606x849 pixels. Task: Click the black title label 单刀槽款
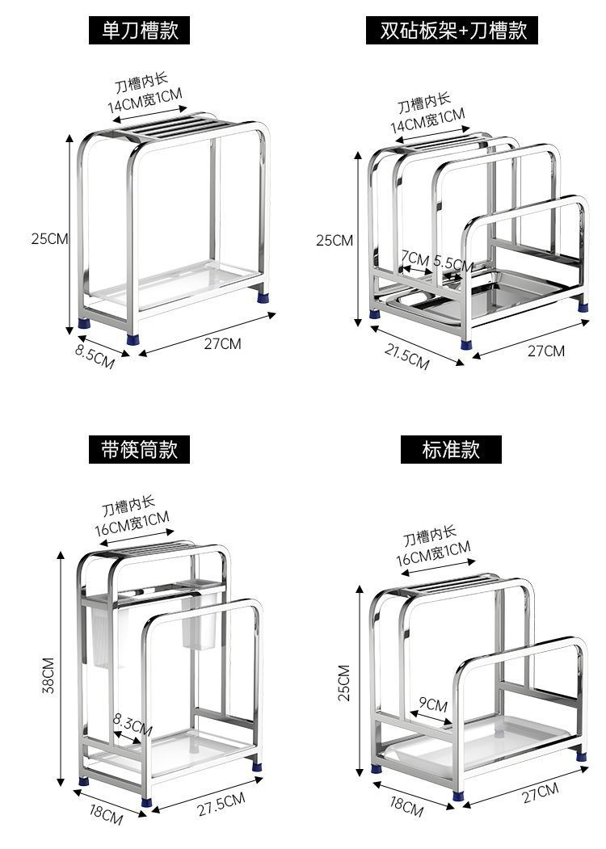click(x=140, y=31)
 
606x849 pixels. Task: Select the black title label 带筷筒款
click(x=139, y=449)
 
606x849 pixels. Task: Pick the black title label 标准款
click(x=451, y=449)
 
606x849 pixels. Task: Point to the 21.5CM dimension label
click(x=406, y=356)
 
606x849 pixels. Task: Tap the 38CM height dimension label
click(x=48, y=675)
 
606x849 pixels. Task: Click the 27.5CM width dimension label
click(x=221, y=805)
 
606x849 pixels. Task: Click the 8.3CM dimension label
click(x=133, y=721)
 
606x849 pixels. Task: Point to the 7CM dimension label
click(x=415, y=258)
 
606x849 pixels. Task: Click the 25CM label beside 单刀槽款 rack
click(x=50, y=238)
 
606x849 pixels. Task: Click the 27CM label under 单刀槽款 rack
click(x=222, y=343)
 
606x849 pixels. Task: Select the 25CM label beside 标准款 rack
click(x=344, y=683)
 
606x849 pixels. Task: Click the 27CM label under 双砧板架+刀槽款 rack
click(x=546, y=351)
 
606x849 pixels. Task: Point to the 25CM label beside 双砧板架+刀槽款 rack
click(x=334, y=240)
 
